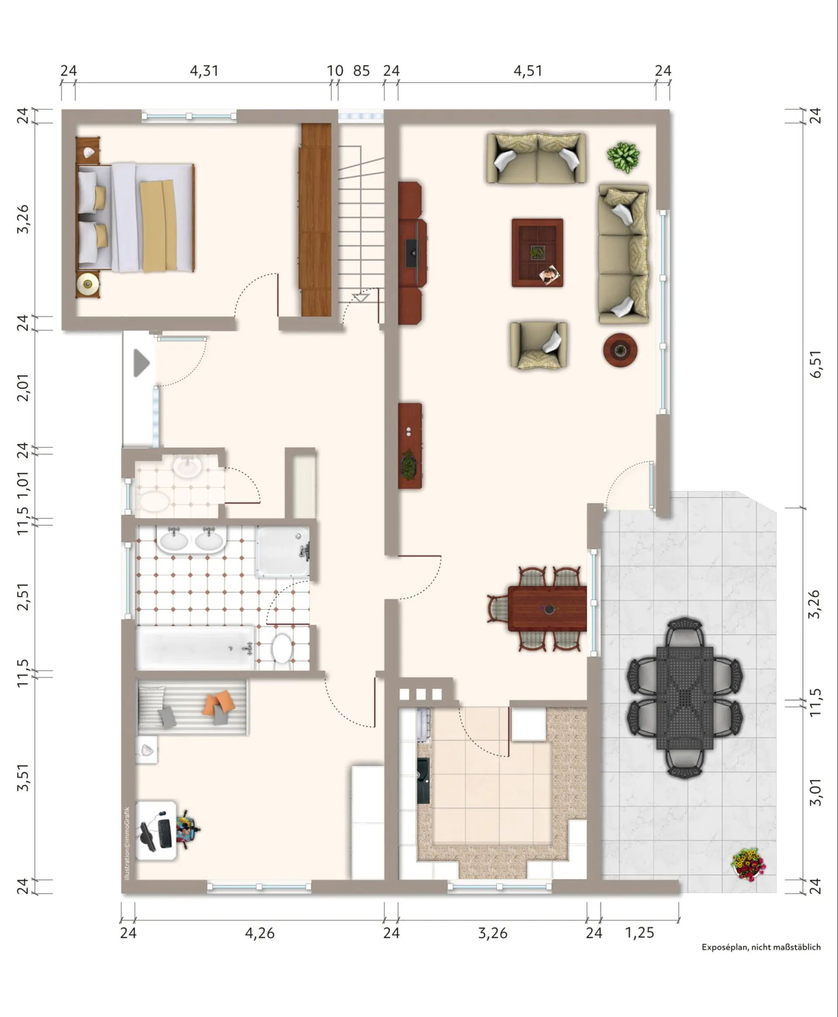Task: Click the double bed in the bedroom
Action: tap(136, 218)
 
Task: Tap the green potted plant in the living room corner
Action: tap(623, 157)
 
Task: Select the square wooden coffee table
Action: tap(537, 252)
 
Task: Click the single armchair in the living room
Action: tap(538, 345)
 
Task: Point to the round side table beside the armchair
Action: tap(620, 350)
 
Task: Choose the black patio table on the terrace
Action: tap(684, 698)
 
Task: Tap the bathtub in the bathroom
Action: tap(196, 648)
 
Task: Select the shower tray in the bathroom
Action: tap(283, 552)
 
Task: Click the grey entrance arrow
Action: tap(141, 363)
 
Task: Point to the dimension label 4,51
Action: tap(528, 71)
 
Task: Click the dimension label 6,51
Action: tap(815, 364)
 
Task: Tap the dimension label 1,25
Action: tap(639, 932)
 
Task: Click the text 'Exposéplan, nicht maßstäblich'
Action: tap(761, 947)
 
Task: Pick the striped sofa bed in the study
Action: tap(192, 707)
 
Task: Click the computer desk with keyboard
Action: tap(155, 830)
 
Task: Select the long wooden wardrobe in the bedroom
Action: tap(316, 220)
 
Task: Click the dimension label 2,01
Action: tap(23, 388)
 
